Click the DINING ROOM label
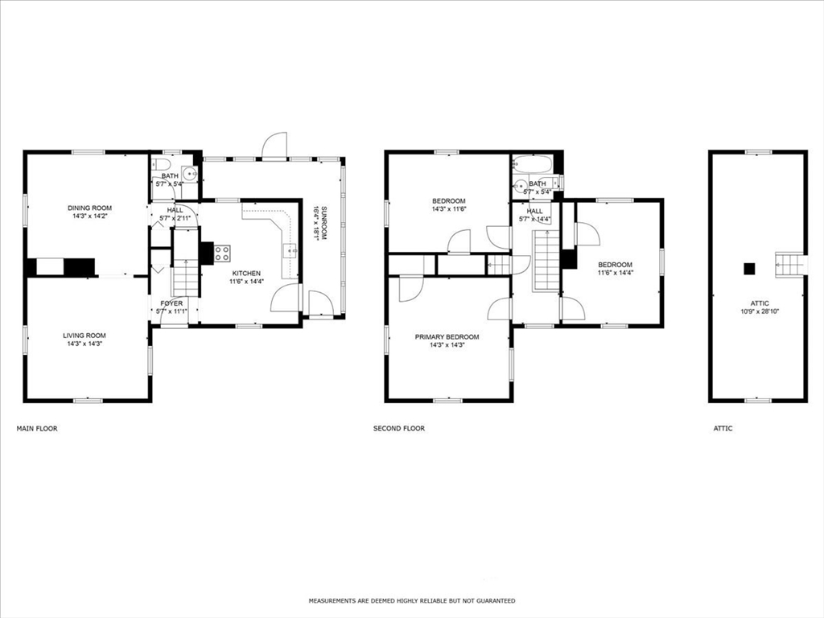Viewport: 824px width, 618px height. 89,208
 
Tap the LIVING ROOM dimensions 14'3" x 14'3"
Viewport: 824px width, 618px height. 84,344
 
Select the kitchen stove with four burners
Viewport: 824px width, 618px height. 222,253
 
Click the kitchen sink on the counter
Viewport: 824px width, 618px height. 289,251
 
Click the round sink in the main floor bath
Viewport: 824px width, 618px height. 191,173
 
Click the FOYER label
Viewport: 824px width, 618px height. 171,303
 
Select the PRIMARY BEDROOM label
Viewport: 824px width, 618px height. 447,337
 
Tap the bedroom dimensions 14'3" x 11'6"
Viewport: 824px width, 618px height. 448,209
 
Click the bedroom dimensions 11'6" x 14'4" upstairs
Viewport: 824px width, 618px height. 614,273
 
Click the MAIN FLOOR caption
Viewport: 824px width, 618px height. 37,429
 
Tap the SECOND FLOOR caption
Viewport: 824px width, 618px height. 398,429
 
